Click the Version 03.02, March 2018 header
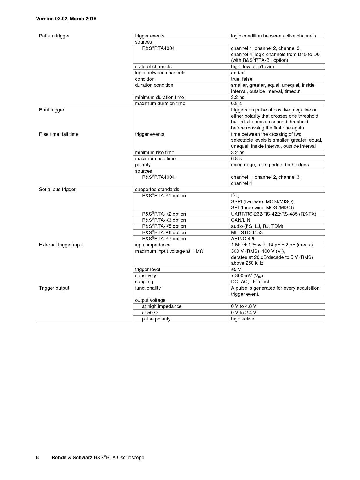(x=66, y=19)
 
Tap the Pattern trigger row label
(x=54, y=36)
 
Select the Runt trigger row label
(x=52, y=110)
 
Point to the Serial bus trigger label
(x=57, y=190)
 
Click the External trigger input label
(x=61, y=245)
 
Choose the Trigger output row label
(x=54, y=288)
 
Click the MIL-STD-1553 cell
(x=247, y=233)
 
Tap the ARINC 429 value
(x=243, y=239)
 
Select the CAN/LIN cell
(x=240, y=220)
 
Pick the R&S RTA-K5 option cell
(x=164, y=226)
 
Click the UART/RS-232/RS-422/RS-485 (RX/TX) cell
(x=273, y=214)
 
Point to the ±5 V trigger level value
(x=236, y=270)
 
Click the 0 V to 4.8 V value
(x=244, y=306)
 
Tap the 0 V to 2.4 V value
(x=244, y=313)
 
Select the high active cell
(x=242, y=319)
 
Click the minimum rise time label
(x=154, y=153)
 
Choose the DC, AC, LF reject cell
(x=250, y=282)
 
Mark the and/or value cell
(x=238, y=73)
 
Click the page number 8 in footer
(x=37, y=458)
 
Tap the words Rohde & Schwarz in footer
(x=72, y=458)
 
